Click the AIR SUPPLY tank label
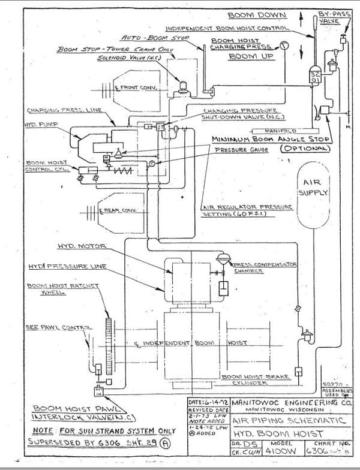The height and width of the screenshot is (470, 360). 314,187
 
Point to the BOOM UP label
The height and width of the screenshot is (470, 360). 250,56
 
